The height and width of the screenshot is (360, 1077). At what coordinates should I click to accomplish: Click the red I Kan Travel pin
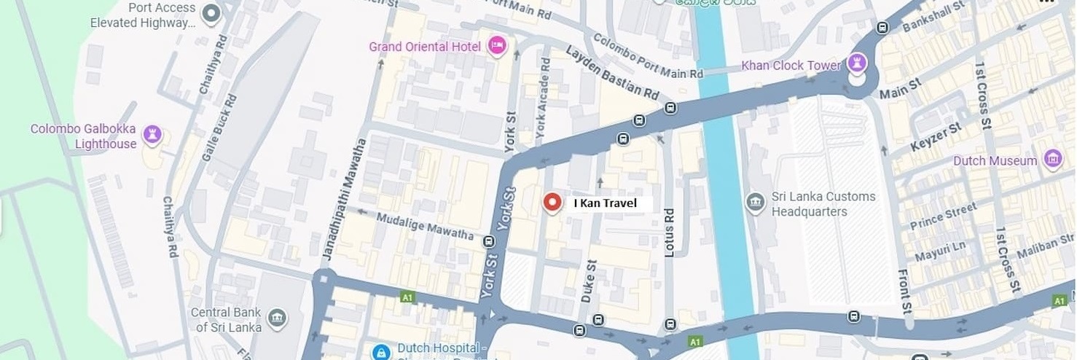[552, 202]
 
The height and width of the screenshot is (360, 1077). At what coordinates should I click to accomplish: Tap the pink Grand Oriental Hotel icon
[497, 46]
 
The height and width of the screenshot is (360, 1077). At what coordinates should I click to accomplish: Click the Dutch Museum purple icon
[1052, 159]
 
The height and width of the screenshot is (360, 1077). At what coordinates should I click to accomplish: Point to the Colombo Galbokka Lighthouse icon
[152, 134]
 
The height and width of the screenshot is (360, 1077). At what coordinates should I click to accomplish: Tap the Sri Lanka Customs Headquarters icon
[756, 202]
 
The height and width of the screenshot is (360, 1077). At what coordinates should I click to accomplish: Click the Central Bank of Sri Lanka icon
[277, 318]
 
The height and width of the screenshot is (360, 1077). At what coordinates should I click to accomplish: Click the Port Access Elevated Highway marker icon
[211, 13]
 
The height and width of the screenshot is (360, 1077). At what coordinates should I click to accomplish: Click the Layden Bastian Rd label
[611, 74]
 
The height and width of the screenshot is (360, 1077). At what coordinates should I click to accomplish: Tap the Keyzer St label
[936, 138]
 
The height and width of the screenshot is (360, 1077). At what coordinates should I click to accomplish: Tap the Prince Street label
[943, 216]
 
